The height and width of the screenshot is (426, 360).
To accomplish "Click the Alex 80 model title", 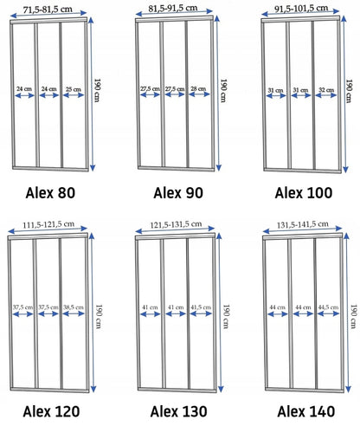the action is click(50, 193).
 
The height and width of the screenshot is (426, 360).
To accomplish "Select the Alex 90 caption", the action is click(178, 193).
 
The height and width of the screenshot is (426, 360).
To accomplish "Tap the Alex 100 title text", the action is click(304, 193).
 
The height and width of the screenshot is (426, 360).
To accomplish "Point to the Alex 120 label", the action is click(51, 411).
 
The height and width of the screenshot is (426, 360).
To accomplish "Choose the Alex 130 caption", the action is click(179, 411).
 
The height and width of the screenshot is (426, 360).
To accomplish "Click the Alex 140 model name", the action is click(306, 411).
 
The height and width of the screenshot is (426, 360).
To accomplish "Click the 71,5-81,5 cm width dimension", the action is click(48, 10).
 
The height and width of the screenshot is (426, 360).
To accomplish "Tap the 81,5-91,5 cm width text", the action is click(173, 9).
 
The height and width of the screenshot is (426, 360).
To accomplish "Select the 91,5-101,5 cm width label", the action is click(301, 9).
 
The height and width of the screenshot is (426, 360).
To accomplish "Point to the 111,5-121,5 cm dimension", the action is click(48, 224).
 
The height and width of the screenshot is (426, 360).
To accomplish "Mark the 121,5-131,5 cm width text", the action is click(176, 224).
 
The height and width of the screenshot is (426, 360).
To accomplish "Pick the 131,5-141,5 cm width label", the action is click(303, 224).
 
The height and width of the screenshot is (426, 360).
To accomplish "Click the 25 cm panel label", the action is click(74, 89).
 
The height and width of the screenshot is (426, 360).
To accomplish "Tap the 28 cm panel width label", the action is click(198, 88).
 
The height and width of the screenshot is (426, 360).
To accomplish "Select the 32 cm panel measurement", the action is click(326, 90).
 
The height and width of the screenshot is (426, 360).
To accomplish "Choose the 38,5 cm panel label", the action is click(74, 307).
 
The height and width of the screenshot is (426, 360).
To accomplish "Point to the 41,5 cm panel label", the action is click(201, 307).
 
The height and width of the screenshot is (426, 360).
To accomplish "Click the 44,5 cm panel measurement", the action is click(328, 307).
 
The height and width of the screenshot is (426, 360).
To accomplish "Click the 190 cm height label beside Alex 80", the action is click(97, 90).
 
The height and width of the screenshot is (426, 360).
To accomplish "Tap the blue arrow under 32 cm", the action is click(326, 95).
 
